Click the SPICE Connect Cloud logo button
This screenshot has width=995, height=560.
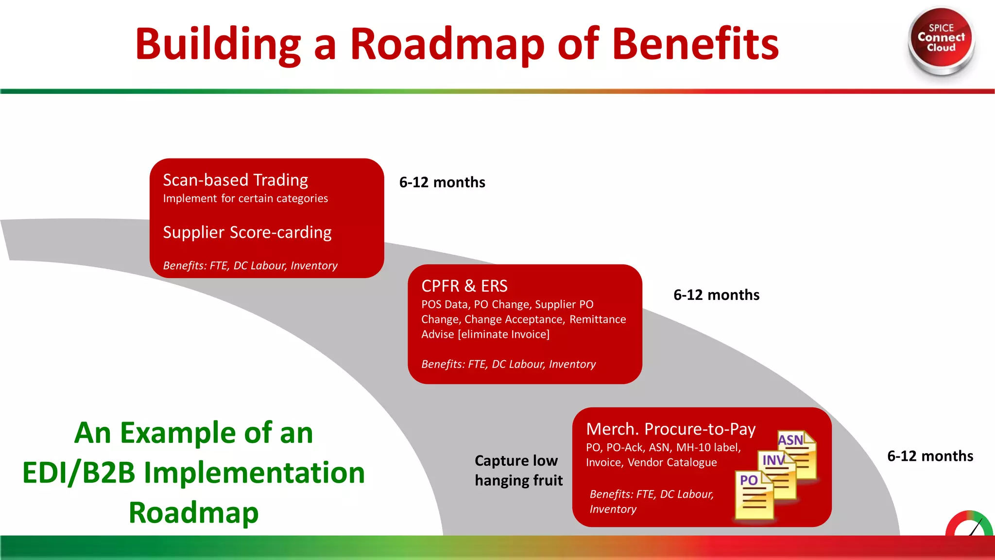tap(941, 39)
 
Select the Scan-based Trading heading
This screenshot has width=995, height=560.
tap(235, 180)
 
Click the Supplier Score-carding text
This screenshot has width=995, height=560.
tap(247, 232)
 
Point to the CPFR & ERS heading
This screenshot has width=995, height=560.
tap(464, 286)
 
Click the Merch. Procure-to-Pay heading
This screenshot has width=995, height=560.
tap(670, 429)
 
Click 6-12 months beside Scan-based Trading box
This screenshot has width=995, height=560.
tap(442, 182)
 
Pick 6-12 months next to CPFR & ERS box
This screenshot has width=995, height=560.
tap(716, 295)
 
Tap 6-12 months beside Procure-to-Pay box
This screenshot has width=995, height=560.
tap(930, 456)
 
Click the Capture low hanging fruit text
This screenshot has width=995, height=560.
tap(518, 470)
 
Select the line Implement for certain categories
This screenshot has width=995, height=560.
tap(245, 198)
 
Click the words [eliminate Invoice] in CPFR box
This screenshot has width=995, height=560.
tap(503, 334)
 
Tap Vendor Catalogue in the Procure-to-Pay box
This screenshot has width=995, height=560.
tap(672, 462)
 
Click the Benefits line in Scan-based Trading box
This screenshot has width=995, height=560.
tap(250, 265)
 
